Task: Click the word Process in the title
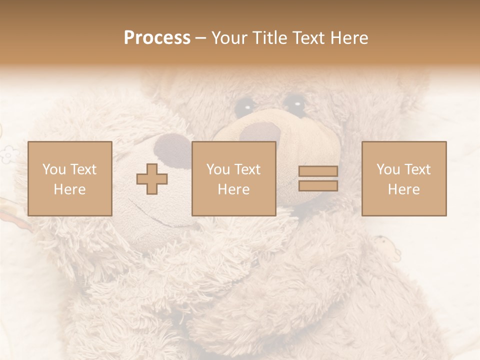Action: [x=157, y=38]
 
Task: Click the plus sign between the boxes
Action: [x=152, y=179]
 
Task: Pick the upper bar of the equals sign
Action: [x=318, y=171]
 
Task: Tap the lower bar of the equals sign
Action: [x=318, y=185]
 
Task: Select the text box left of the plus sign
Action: [x=70, y=178]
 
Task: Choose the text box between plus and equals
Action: [x=234, y=178]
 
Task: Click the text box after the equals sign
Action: [x=404, y=178]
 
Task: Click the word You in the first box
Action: [x=53, y=169]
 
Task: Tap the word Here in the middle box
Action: [x=234, y=189]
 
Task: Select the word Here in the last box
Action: [x=404, y=189]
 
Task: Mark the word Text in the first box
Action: [x=84, y=169]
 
